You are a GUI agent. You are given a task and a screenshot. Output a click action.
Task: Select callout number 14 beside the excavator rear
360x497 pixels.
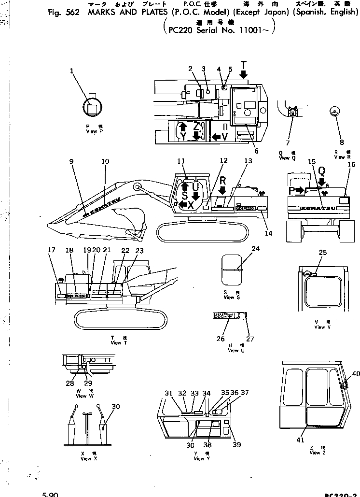[x=268, y=233]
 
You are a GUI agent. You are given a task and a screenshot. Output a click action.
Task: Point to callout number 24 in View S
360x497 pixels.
[x=255, y=249]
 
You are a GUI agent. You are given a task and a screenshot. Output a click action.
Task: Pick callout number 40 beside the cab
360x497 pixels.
[x=356, y=373]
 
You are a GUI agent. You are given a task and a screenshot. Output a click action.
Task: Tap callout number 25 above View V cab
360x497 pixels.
[x=323, y=252]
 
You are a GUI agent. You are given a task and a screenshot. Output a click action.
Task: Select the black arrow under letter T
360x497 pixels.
[x=243, y=74]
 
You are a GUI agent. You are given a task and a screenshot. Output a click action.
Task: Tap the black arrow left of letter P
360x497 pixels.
[x=299, y=191]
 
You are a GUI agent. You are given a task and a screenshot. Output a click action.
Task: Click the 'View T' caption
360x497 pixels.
[x=116, y=343]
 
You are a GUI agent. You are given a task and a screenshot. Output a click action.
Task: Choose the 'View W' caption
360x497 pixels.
[x=81, y=396]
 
